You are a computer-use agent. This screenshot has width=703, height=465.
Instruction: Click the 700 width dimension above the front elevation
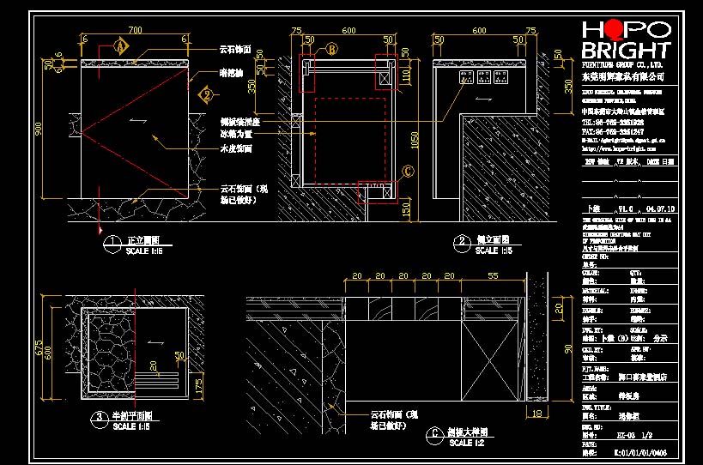click(x=135, y=31)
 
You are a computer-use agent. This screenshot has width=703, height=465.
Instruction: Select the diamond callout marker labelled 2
click(x=206, y=94)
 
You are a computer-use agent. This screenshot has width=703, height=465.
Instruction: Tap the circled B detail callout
click(x=330, y=50)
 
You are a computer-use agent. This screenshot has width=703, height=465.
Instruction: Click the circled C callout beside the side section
click(x=408, y=171)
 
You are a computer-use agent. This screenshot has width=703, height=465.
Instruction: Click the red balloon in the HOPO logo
click(x=606, y=29)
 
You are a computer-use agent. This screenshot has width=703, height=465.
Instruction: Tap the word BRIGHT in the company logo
click(x=626, y=50)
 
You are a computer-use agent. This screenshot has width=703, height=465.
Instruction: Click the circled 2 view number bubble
click(x=462, y=244)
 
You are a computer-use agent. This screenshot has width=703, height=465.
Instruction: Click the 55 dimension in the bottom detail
click(x=493, y=276)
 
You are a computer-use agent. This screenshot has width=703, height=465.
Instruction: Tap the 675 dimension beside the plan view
click(x=38, y=350)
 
